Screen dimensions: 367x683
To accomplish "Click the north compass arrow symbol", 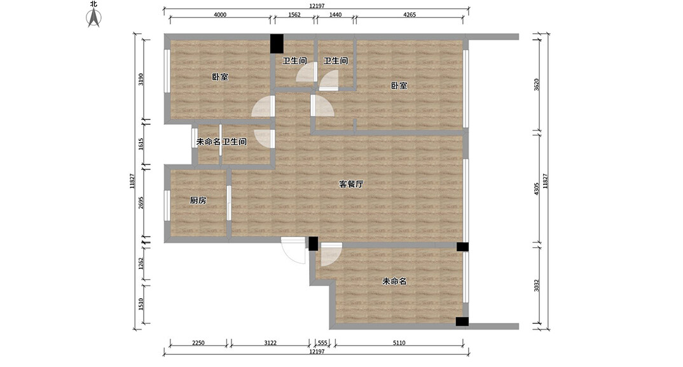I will (x=94, y=18).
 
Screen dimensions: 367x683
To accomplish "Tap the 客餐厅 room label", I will (x=351, y=184).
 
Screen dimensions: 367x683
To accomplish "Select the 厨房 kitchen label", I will (x=198, y=200).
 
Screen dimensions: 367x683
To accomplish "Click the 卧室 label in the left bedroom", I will (x=220, y=77).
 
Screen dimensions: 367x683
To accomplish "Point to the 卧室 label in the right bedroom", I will (x=399, y=85).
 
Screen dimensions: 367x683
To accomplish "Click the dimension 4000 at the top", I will (x=219, y=15).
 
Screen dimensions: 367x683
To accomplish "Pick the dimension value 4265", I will (x=409, y=15).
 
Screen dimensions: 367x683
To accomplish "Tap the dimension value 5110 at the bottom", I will (x=398, y=343).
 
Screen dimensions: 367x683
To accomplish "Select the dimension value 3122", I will (x=270, y=343).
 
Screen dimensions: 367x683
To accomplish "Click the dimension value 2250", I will (x=198, y=343).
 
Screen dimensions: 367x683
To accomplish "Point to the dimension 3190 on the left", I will (x=141, y=79).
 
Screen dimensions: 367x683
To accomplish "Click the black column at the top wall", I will (x=277, y=43).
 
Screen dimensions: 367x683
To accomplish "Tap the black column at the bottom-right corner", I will (x=462, y=322).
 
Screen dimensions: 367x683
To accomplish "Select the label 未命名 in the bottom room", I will (x=394, y=281).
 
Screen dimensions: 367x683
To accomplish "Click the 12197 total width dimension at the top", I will (x=317, y=6).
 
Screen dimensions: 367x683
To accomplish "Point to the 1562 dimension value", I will (x=294, y=15).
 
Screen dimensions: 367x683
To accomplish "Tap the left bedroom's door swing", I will (x=262, y=107).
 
